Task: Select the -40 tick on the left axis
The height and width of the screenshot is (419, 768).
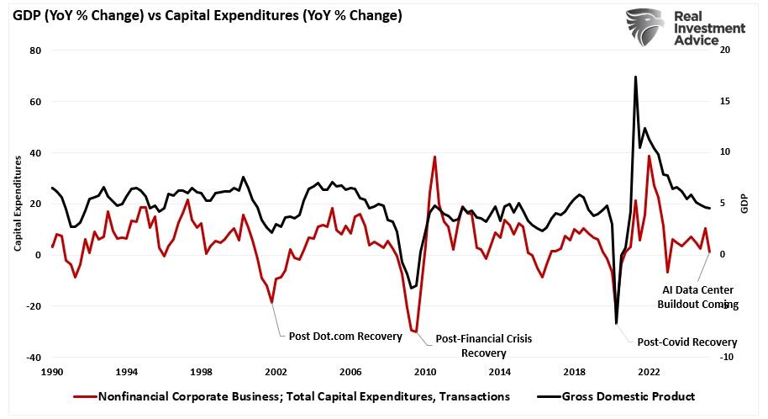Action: coord(34,358)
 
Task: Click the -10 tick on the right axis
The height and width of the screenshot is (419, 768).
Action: coord(728,358)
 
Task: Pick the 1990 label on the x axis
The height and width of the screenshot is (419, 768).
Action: coord(52,371)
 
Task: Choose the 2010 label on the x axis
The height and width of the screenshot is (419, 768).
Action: coord(425,371)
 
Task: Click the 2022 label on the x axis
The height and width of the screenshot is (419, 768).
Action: coord(649,371)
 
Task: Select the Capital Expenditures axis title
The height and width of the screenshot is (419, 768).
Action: coord(18,204)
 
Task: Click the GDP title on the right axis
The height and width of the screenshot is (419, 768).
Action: coord(744,204)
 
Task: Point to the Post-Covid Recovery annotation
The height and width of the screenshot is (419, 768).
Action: coord(686,342)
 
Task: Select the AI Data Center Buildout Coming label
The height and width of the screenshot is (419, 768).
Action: coord(697,297)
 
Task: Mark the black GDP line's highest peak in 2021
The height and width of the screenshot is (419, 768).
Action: coord(635,77)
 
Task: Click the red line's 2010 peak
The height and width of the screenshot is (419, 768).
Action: coord(434,156)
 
